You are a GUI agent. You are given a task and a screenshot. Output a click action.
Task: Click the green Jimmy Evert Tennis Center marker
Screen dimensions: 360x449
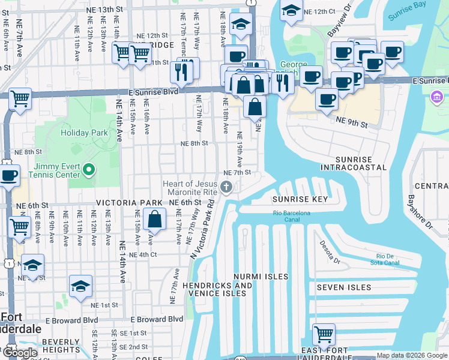point(89,170)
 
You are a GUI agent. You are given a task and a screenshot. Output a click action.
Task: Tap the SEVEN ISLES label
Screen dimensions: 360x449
point(344,287)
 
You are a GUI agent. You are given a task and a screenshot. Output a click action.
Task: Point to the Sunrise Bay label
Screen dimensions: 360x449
point(408,16)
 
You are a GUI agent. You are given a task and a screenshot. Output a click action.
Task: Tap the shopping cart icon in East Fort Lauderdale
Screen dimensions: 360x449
point(324,333)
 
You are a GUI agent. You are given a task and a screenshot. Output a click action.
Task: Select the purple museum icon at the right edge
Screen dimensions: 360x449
point(437,96)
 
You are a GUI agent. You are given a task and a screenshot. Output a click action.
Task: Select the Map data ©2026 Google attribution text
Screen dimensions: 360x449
point(412,355)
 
